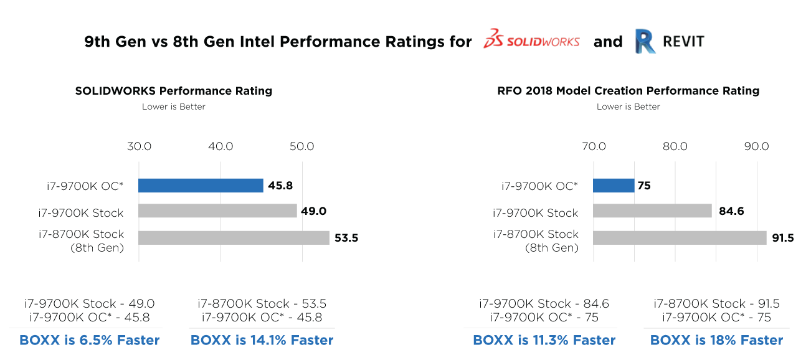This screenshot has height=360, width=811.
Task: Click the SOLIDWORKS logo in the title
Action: (x=531, y=40)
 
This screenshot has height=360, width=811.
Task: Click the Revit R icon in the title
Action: (x=645, y=41)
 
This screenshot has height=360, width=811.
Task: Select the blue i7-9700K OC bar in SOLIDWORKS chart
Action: (x=201, y=186)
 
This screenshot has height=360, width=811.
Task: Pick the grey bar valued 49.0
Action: (x=217, y=211)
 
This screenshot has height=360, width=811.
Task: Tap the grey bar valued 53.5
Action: (x=234, y=238)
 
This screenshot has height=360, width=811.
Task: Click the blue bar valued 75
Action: (x=614, y=186)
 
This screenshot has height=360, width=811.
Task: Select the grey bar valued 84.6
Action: (x=652, y=211)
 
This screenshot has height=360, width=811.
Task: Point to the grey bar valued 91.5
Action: (x=680, y=238)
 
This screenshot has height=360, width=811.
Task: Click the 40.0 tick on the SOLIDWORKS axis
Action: (x=221, y=147)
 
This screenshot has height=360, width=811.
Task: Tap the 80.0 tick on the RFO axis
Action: (x=675, y=147)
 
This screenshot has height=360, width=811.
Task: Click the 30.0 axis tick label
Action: (x=139, y=147)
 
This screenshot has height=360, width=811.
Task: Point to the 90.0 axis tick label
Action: (x=757, y=147)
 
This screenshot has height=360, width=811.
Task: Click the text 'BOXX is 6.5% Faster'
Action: (x=90, y=340)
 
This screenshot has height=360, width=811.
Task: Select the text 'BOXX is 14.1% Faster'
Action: (x=262, y=340)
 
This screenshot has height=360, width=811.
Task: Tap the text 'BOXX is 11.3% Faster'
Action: (x=544, y=340)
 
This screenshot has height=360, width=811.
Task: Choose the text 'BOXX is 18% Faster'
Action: (x=716, y=340)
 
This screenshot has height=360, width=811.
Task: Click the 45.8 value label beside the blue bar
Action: (x=280, y=186)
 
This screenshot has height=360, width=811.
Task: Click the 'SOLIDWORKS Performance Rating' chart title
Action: (x=174, y=91)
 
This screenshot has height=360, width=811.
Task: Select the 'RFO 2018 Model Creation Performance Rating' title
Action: (x=628, y=91)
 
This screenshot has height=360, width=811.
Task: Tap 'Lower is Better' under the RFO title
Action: (x=628, y=107)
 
